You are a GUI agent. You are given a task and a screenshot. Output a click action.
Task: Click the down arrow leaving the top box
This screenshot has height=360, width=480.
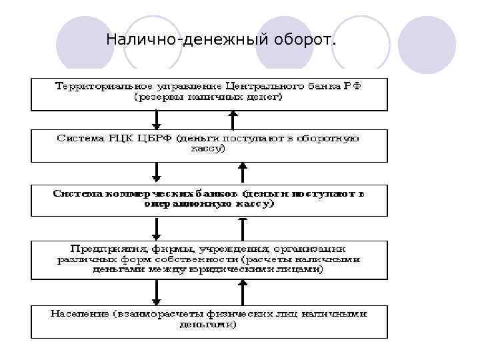(157, 119)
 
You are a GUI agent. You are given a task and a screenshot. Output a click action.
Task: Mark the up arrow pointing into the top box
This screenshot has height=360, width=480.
(233, 119)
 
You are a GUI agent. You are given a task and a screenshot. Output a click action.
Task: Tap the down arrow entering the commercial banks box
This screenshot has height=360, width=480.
(157, 173)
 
